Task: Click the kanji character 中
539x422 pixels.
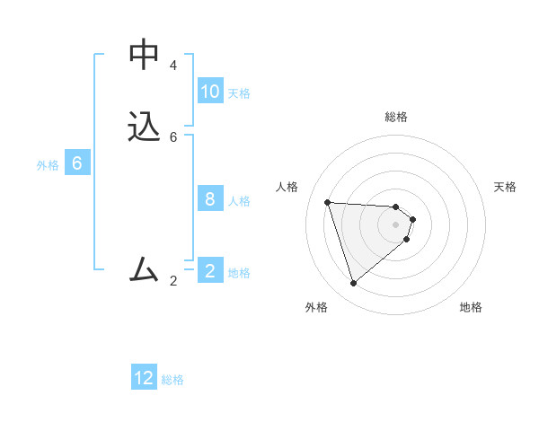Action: (x=144, y=55)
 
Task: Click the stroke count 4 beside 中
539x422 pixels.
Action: (x=173, y=66)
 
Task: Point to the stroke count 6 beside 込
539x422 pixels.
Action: (x=173, y=137)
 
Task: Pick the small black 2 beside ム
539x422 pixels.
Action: (x=173, y=281)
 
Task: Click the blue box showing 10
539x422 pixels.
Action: (x=210, y=92)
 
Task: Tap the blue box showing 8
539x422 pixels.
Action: (x=210, y=199)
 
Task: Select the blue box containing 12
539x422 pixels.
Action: (x=144, y=378)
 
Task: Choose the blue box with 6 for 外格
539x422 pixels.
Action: (x=77, y=163)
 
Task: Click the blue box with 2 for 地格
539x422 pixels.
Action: (x=210, y=270)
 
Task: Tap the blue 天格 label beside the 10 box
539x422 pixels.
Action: (x=239, y=93)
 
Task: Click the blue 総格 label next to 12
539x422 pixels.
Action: (x=172, y=380)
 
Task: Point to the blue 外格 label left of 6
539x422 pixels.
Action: (x=48, y=165)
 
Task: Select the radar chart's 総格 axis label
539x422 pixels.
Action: (x=396, y=117)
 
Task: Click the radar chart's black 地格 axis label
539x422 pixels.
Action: (x=471, y=307)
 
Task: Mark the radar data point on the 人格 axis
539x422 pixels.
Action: (x=327, y=202)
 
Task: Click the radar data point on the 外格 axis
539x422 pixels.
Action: (x=354, y=284)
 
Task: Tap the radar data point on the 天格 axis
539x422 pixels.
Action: (x=412, y=219)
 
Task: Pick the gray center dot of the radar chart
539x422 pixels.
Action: (x=396, y=224)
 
